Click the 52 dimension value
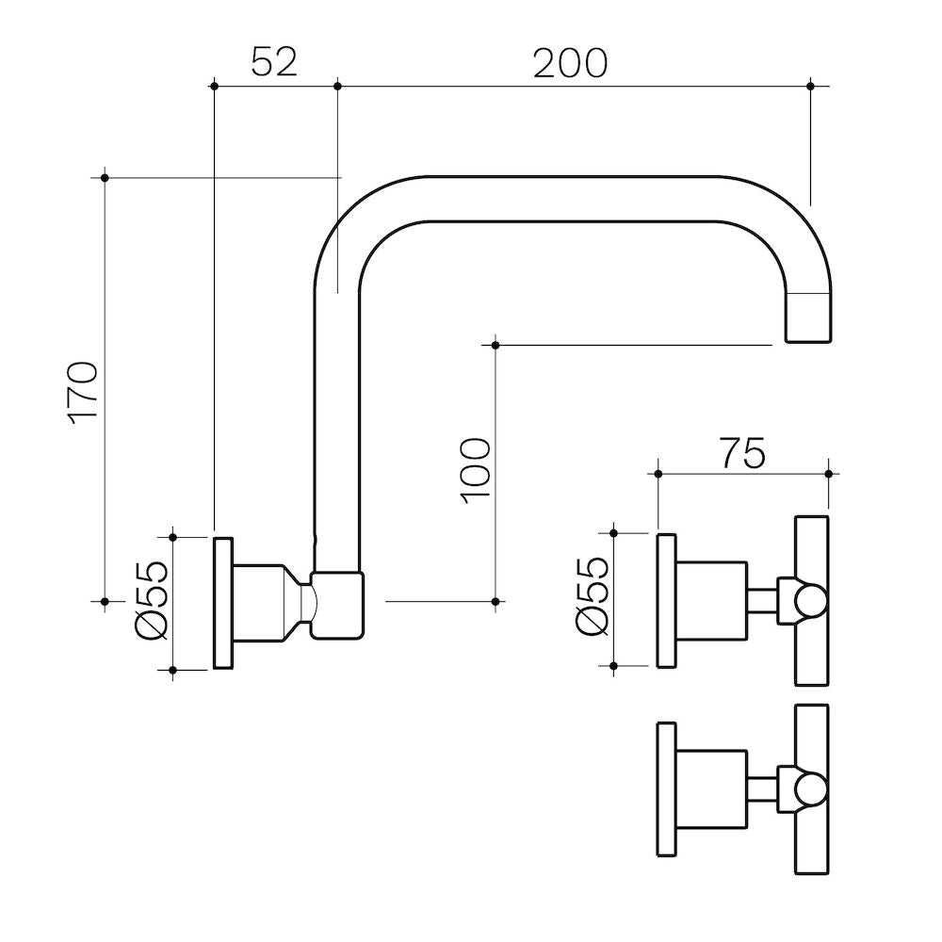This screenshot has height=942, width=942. [274, 62]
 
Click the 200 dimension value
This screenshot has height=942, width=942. [571, 62]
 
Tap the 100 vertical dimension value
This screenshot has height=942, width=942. [477, 469]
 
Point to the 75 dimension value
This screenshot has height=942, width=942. [743, 453]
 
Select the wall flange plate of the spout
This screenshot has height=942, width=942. [223, 604]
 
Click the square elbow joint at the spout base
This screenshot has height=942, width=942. [336, 605]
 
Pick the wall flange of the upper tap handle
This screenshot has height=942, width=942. [666, 602]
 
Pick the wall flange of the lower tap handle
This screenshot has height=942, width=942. [666, 789]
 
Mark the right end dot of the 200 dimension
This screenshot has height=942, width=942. [811, 86]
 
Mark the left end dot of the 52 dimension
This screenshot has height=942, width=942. [215, 86]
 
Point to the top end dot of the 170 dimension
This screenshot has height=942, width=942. [105, 177]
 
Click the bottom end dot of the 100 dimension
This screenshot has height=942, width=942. [495, 600]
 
